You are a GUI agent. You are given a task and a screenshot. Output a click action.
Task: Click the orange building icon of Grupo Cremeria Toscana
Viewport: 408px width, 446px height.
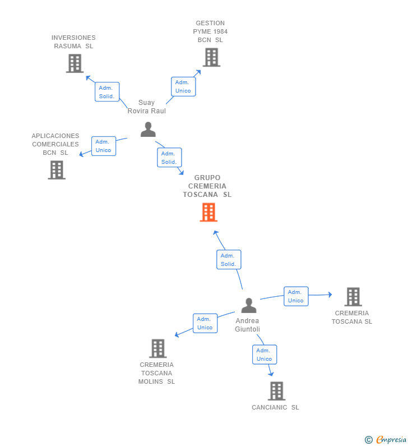208,212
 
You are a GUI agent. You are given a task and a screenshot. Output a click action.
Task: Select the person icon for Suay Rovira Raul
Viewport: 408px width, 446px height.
148,130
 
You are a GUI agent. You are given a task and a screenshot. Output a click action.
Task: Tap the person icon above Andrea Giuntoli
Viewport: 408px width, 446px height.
249,306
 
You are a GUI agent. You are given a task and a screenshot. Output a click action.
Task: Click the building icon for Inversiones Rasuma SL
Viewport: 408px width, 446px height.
75,63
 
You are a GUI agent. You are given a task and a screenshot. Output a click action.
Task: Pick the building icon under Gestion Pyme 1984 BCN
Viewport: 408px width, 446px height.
211,57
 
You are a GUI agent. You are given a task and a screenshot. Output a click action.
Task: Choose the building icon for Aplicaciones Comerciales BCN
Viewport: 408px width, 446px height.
57,170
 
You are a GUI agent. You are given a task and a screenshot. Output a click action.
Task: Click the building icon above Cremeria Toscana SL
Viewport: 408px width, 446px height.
353,297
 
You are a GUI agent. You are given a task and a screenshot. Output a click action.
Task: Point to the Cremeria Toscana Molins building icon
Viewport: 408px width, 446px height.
158,348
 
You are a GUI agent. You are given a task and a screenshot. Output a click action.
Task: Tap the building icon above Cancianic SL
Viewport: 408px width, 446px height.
276,391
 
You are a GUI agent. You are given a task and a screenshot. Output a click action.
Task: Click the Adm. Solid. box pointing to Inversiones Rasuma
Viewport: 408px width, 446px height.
107,92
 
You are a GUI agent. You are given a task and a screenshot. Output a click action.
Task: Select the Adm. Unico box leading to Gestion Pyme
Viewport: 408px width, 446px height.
183,86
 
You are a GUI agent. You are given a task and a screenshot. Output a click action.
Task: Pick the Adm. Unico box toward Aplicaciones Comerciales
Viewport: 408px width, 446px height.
104,146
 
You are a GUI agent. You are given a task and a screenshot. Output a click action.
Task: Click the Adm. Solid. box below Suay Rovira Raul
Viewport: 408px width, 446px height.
169,157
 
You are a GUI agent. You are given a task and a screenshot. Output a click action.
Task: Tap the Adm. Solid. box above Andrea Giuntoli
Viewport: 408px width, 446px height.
229,260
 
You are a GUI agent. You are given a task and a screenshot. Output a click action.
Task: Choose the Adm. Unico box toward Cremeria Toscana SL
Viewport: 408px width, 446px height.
296,296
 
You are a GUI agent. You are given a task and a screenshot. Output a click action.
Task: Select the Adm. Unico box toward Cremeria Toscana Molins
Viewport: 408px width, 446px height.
205,323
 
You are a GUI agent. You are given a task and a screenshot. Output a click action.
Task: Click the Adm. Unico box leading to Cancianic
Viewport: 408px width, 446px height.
265,355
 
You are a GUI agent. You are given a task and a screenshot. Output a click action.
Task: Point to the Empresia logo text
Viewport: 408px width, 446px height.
392,439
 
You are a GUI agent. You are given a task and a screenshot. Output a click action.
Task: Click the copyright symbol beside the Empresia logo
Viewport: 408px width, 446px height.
369,440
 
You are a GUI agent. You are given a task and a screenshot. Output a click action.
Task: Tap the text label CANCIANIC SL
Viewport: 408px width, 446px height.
275,407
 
